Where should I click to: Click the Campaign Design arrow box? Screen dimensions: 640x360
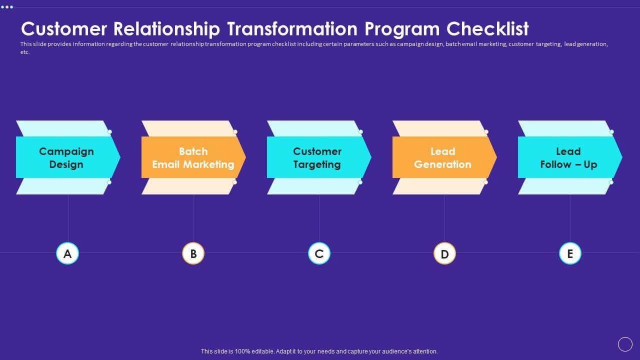(67, 157)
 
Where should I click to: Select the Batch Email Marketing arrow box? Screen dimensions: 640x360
(193, 157)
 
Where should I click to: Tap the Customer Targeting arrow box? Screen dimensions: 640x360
(318, 157)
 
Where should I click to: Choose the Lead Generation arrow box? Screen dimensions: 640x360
(443, 157)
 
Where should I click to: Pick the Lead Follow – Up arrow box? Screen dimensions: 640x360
(569, 157)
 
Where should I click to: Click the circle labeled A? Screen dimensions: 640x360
(67, 253)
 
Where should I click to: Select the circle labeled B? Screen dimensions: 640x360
(193, 253)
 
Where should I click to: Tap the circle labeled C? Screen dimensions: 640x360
(319, 253)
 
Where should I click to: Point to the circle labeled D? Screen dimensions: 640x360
(444, 253)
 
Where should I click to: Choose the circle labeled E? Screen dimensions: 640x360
(570, 253)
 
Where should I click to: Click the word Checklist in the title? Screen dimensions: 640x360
(487, 29)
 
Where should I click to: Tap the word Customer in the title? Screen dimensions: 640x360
(64, 29)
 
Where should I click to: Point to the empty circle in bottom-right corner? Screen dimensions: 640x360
(625, 344)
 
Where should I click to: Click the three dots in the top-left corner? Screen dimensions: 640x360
(7, 7)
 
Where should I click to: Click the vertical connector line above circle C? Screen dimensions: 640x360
(319, 218)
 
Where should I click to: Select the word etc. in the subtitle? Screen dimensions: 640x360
(25, 52)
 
